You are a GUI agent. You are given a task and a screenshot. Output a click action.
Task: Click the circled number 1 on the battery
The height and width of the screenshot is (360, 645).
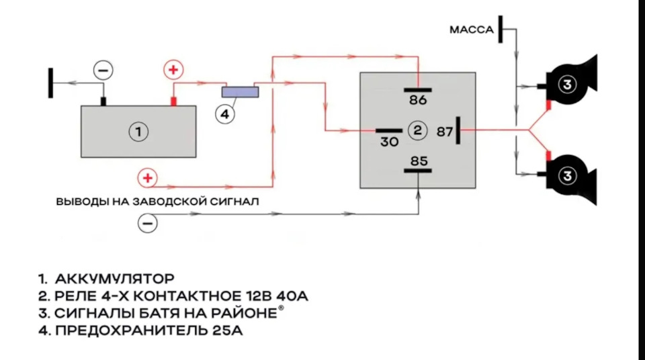[138, 132]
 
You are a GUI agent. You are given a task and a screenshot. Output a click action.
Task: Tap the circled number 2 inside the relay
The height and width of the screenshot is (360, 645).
[417, 130]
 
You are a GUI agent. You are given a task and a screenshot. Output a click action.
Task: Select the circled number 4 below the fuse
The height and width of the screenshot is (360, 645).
[224, 115]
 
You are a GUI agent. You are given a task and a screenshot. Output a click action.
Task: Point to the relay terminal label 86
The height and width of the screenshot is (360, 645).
[417, 100]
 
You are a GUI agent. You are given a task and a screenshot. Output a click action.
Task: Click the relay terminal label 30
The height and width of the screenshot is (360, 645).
[390, 142]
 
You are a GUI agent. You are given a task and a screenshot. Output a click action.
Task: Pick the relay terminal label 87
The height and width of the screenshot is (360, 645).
[445, 131]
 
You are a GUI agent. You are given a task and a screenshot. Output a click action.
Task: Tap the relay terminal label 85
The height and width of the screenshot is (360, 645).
[418, 161]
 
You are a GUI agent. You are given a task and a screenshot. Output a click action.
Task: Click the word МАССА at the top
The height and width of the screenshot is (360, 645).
[472, 30]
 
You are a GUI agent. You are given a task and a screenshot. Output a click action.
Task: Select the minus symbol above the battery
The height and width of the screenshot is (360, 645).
[103, 69]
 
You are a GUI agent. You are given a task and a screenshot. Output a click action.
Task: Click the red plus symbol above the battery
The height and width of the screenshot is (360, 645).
[173, 69]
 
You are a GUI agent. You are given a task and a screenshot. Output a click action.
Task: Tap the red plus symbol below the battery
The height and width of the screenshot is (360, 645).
[147, 178]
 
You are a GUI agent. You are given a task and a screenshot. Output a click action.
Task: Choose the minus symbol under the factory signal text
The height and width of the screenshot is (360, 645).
[147, 222]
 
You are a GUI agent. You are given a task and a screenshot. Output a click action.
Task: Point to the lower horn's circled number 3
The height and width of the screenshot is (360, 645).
[568, 176]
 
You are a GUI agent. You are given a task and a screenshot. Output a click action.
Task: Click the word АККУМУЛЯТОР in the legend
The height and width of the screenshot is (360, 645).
[115, 278]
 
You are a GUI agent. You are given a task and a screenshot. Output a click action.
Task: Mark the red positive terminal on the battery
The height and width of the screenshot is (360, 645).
[173, 101]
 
